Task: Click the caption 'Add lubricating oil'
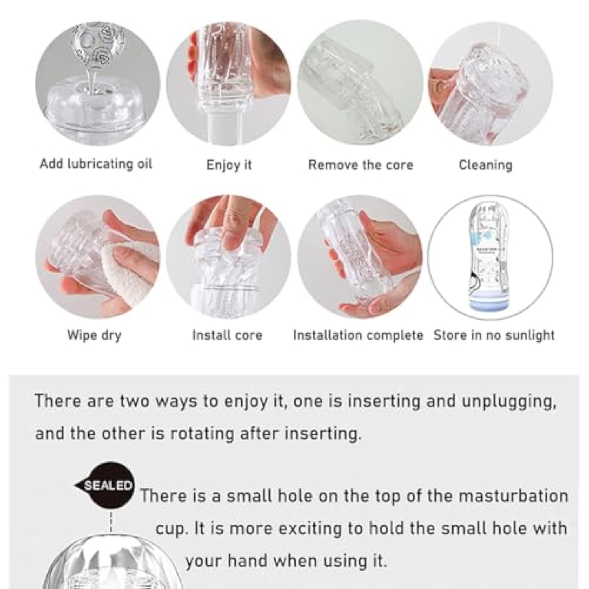click(x=96, y=164)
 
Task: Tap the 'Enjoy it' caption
click(x=229, y=165)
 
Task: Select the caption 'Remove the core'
click(x=360, y=165)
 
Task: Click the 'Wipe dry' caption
click(x=94, y=335)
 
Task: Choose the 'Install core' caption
click(x=227, y=335)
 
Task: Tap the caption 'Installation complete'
click(x=358, y=335)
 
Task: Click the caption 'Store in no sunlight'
click(x=494, y=335)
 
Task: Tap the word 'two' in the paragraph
click(x=134, y=401)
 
